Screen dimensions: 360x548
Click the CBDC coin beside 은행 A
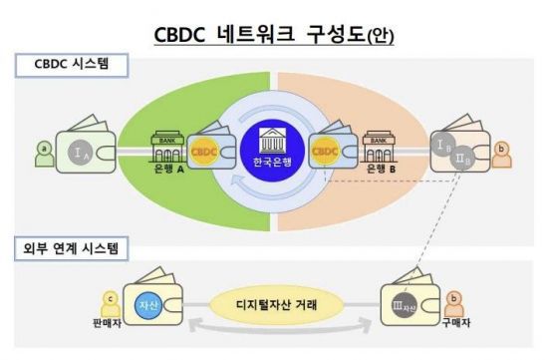pyautogui.click(x=203, y=153)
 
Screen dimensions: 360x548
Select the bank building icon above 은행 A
pyautogui.click(x=164, y=145)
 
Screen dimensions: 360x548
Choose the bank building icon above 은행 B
pyautogui.click(x=379, y=145)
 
